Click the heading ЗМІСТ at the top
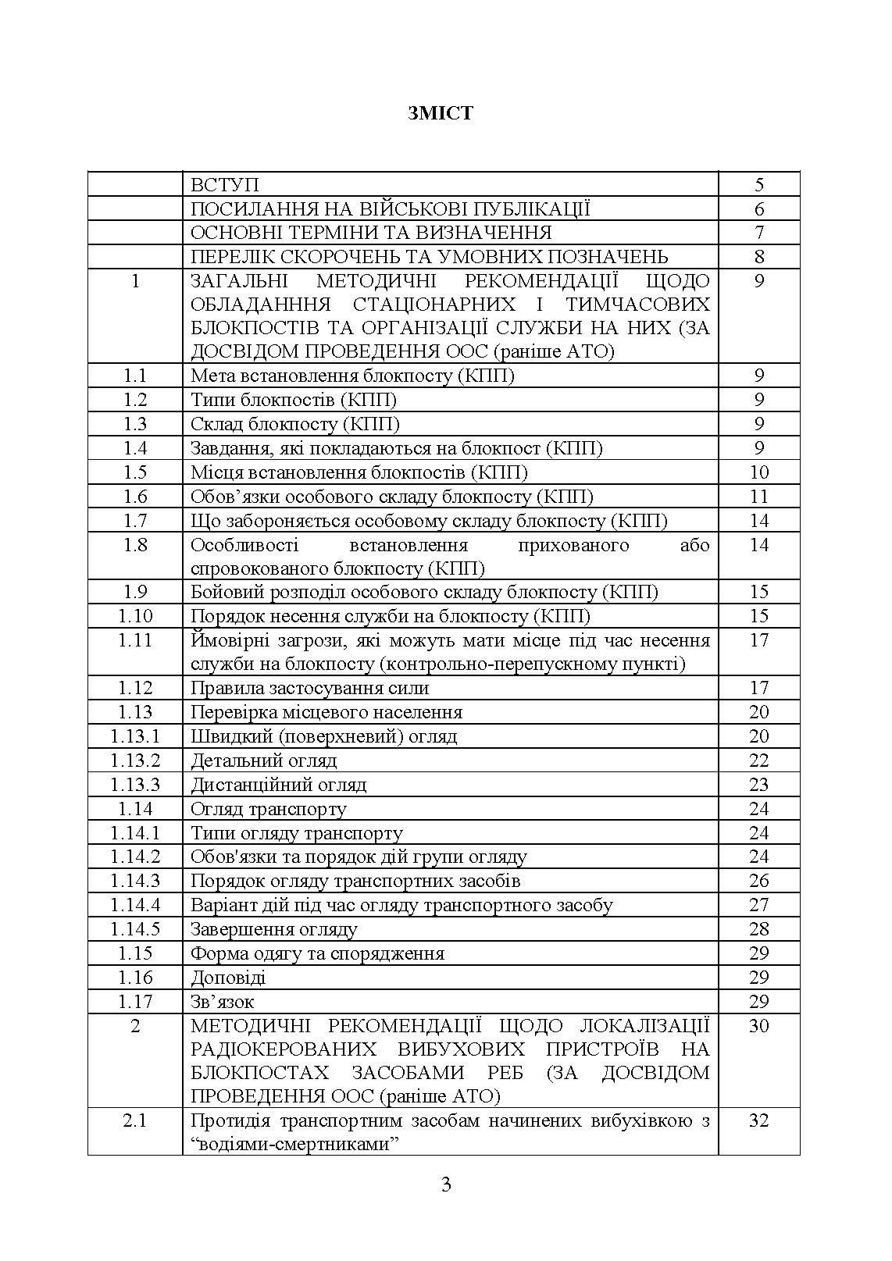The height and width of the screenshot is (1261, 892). [x=440, y=113]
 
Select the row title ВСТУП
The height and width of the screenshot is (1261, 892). [x=224, y=185]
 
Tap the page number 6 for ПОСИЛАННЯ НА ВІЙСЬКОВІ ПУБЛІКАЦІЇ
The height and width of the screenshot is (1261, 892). [x=759, y=209]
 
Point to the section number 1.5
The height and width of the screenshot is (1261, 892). [x=135, y=472]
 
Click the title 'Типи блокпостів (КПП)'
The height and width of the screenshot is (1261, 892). [x=294, y=401]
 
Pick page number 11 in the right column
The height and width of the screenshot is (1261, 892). [x=759, y=497]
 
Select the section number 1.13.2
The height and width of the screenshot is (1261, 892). [x=135, y=761]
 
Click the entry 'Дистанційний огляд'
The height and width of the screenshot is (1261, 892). [x=279, y=785]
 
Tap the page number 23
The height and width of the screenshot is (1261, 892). [x=759, y=785]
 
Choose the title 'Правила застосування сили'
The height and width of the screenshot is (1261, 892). [x=309, y=688]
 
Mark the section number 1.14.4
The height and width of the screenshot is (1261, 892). [x=135, y=905]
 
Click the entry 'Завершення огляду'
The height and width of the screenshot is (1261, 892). [x=274, y=929]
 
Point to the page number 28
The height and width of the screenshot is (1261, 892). [x=759, y=929]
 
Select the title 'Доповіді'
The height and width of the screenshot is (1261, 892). [x=228, y=978]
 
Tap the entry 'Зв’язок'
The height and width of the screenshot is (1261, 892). [x=223, y=1002]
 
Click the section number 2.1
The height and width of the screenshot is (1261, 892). [x=135, y=1121]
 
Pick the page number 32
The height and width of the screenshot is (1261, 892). [x=759, y=1121]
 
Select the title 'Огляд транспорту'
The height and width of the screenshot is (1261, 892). [x=269, y=809]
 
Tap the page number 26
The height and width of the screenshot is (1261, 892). [x=759, y=881]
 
